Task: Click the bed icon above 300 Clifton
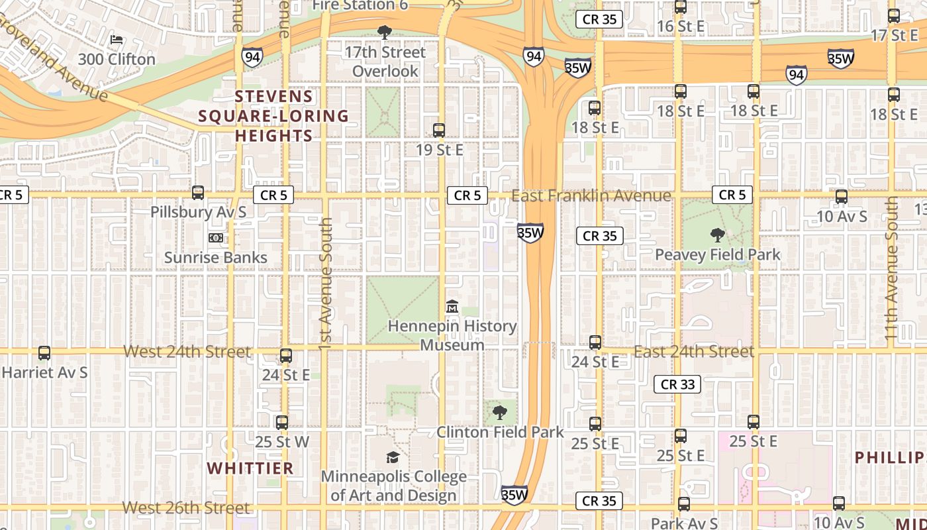pos(117,40)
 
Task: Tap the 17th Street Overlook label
pos(385,61)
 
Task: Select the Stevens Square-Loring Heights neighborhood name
pos(273,116)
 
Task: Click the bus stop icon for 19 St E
pos(438,131)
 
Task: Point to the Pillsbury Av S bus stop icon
pos(197,193)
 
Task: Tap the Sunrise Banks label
pos(216,257)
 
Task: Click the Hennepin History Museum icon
pos(452,307)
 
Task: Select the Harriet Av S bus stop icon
pos(44,353)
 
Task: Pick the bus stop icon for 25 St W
pos(282,422)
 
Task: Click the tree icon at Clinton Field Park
pos(500,413)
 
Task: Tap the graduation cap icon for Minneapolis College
pos(393,457)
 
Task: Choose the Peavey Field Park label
pos(718,254)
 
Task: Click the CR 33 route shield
pos(677,384)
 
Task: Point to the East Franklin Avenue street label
pos(591,195)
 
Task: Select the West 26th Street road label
pos(186,508)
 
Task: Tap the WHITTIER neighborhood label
pos(250,468)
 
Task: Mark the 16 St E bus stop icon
pos(680,7)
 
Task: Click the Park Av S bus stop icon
pos(684,504)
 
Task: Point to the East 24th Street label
pos(694,351)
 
